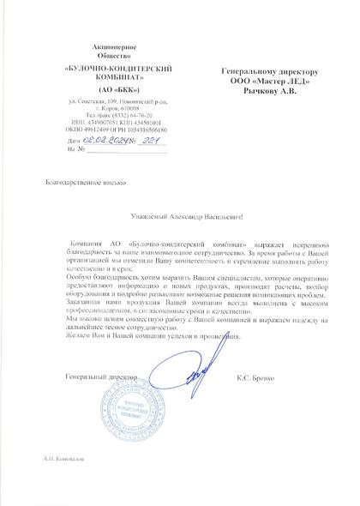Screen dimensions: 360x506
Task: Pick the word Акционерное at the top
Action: click(106, 41)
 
